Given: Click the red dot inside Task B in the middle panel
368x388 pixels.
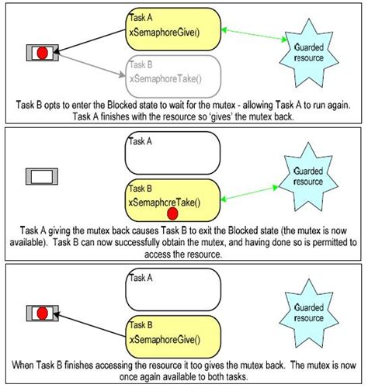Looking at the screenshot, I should tap(173, 212).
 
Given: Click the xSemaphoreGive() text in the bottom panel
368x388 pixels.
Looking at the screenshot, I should tap(162, 338).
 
